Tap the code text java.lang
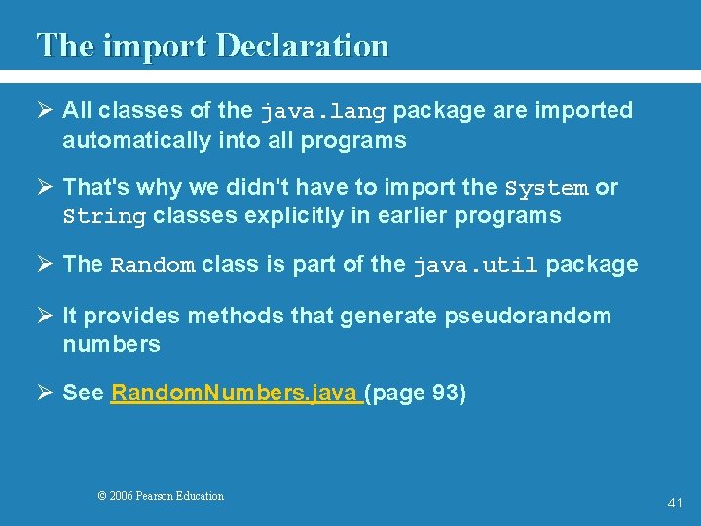pos(322,111)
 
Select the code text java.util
pos(475,265)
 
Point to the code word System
pos(546,188)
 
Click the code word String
pos(104,216)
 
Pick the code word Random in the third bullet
pos(153,265)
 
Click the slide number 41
pos(676,503)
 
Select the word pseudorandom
pos(529,316)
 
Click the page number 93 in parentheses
pos(445,394)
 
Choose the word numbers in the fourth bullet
pos(111,344)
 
